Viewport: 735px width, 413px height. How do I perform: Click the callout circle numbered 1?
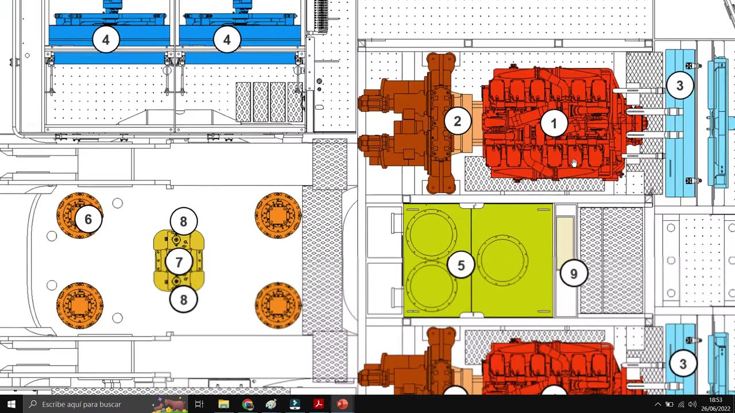(554, 123)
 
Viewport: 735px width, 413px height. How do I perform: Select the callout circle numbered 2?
(458, 121)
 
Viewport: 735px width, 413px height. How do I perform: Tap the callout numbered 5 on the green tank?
(461, 265)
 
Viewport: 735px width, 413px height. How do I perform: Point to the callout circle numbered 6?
(88, 219)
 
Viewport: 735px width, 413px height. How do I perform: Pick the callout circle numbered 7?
(179, 262)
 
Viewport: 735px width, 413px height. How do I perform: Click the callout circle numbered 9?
(574, 274)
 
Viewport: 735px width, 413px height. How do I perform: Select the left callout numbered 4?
(106, 40)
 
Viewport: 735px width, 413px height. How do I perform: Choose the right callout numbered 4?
(227, 40)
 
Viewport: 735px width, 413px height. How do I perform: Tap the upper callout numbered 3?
(680, 85)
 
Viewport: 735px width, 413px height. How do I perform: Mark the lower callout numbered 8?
(183, 299)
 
